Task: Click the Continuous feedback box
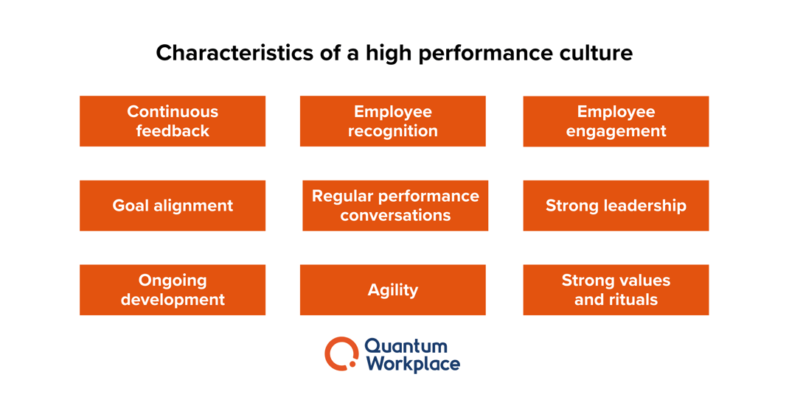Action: (x=172, y=121)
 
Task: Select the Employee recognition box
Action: (x=392, y=121)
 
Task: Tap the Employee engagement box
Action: (x=616, y=121)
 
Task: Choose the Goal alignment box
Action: (x=172, y=205)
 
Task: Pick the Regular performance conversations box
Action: (x=395, y=205)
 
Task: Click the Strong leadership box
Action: (x=616, y=205)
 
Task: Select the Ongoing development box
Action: (x=172, y=289)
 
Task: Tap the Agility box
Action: (x=392, y=289)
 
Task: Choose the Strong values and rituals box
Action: (x=616, y=289)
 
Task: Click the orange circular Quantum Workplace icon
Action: (x=341, y=353)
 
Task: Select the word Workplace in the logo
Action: (x=412, y=364)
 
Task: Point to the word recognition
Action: (x=392, y=131)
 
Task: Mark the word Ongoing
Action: (x=172, y=281)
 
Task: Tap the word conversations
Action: (x=395, y=216)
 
